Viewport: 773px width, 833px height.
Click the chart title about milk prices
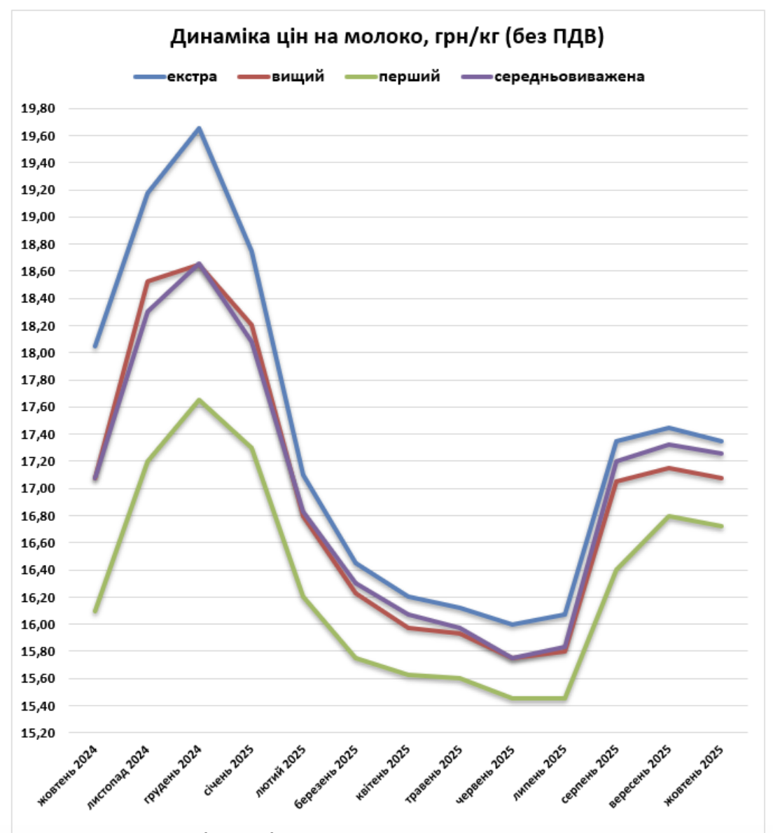[387, 36]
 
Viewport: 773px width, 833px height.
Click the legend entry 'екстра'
[191, 77]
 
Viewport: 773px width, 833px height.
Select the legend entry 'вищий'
[298, 77]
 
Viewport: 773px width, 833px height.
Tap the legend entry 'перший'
[409, 77]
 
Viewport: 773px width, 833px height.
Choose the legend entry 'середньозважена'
[569, 77]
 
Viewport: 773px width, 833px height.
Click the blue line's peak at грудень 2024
[200, 128]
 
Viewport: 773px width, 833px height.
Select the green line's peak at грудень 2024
[200, 400]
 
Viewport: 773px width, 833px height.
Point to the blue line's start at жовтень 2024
[95, 346]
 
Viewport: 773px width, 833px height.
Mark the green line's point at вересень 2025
[670, 516]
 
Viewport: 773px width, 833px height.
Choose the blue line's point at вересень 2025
[670, 428]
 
